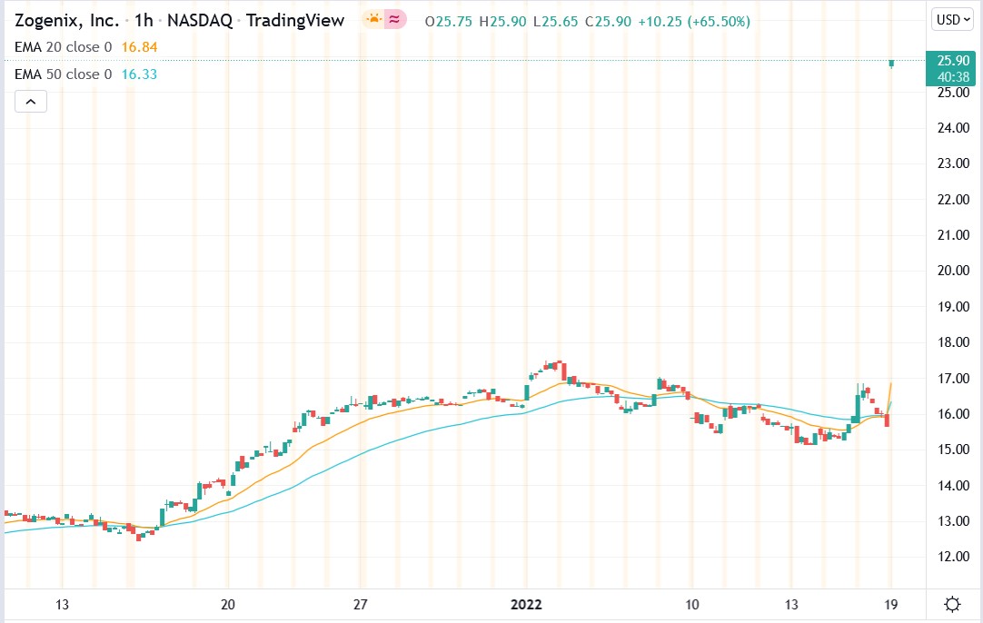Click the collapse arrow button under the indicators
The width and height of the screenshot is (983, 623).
pyautogui.click(x=30, y=102)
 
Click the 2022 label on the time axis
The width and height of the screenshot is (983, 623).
pyautogui.click(x=526, y=604)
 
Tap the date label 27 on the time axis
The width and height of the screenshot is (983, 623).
pyautogui.click(x=360, y=604)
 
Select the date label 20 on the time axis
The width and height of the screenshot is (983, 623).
pyautogui.click(x=228, y=604)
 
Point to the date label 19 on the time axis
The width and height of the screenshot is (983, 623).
pyautogui.click(x=892, y=604)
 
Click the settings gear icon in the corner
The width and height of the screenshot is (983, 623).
pyautogui.click(x=953, y=604)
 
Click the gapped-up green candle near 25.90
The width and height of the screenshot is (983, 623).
pyautogui.click(x=892, y=63)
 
